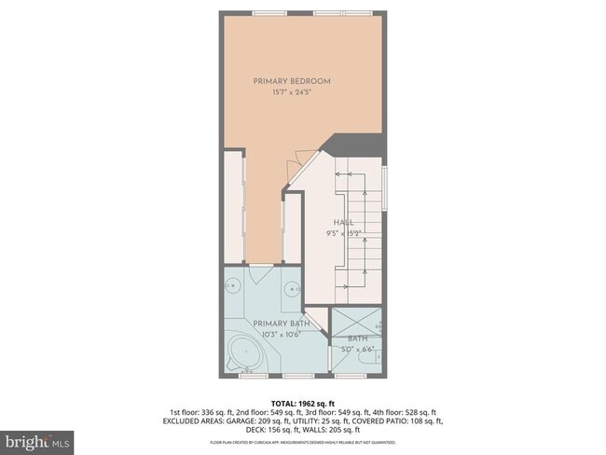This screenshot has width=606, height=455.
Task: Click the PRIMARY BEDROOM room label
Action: point(291,81)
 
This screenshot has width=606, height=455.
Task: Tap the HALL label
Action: point(343,223)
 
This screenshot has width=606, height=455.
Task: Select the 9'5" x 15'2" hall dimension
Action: point(343,234)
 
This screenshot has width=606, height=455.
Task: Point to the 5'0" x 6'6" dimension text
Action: point(358,350)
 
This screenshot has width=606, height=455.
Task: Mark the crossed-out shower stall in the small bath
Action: point(358,320)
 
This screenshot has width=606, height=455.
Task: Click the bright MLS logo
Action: point(38,439)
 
